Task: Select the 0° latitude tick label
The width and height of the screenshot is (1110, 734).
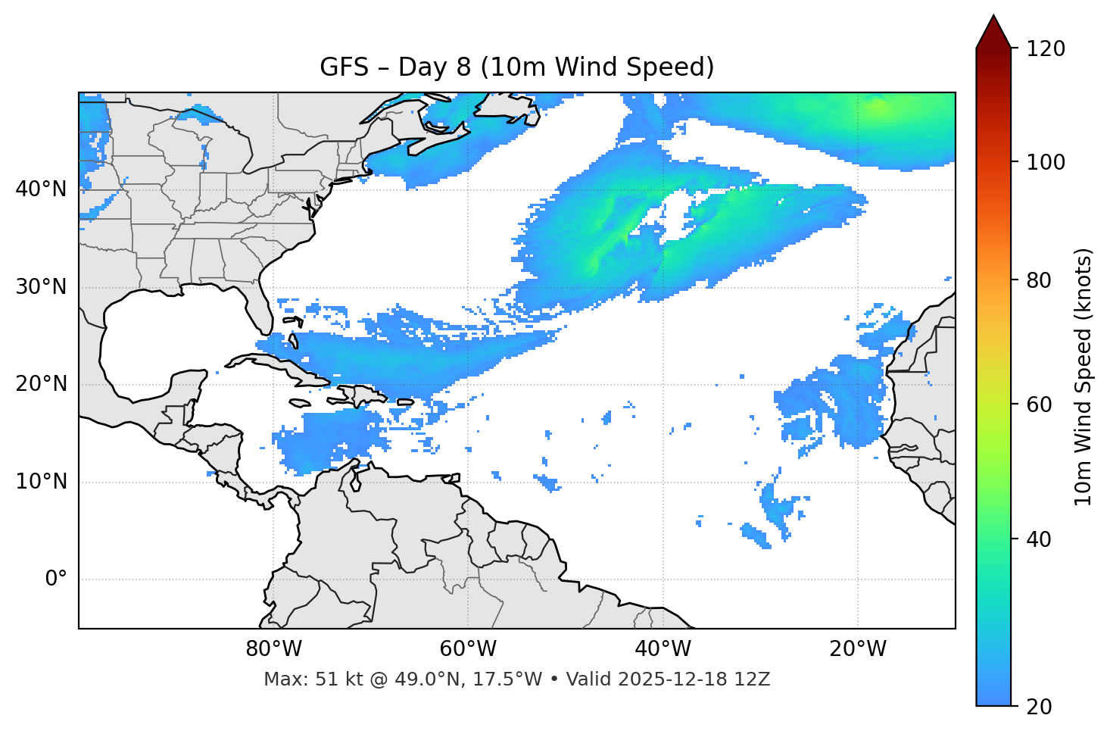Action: pyautogui.click(x=55, y=579)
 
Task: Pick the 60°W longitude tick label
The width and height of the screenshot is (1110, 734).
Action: pyautogui.click(x=467, y=649)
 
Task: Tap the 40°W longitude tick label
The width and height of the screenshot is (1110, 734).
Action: pyautogui.click(x=663, y=649)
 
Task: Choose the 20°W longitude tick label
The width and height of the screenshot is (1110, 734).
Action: pyautogui.click(x=858, y=649)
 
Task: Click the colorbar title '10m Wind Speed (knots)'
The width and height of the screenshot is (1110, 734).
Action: pyautogui.click(x=1083, y=377)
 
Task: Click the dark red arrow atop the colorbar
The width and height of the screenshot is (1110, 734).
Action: pyautogui.click(x=993, y=32)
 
